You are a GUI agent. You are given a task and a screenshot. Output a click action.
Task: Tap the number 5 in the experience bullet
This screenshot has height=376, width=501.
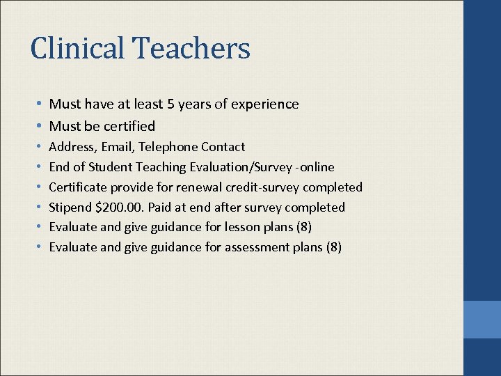point(170,104)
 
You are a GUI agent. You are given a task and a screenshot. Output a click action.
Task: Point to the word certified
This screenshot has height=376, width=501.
point(129,126)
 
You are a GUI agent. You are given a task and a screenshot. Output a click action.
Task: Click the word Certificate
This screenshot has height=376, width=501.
point(76,187)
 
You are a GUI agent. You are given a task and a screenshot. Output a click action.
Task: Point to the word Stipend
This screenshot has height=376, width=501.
point(70,207)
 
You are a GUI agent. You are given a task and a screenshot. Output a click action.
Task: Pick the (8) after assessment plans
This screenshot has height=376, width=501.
point(333,248)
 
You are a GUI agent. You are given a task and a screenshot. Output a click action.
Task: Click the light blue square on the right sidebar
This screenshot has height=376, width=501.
point(482,320)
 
